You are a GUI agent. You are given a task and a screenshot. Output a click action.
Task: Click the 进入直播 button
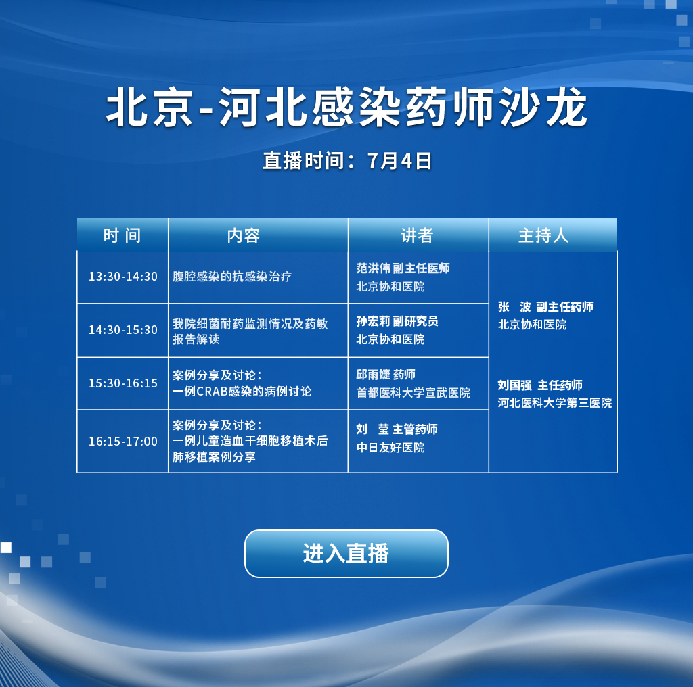[x=346, y=553]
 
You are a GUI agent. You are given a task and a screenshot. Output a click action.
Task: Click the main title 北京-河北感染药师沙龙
[x=346, y=108]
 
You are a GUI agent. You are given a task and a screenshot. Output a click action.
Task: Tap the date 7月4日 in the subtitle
[x=399, y=161]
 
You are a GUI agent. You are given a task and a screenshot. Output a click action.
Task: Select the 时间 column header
[x=122, y=235]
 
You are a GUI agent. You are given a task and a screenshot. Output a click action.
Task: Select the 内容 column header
[x=244, y=235]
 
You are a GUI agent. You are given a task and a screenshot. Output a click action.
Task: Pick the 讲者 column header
[x=417, y=235]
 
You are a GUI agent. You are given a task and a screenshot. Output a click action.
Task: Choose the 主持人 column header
[x=543, y=235]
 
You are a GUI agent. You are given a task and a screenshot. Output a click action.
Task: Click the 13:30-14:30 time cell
[x=123, y=277]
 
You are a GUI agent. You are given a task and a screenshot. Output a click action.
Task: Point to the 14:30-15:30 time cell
[x=123, y=330]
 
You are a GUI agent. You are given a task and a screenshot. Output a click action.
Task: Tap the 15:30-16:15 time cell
[x=123, y=383]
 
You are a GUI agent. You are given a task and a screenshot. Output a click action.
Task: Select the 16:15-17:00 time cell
[x=123, y=441]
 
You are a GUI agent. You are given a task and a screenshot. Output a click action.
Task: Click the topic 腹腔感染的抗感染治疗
[x=232, y=277]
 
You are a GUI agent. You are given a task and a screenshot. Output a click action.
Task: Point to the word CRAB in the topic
[x=212, y=392]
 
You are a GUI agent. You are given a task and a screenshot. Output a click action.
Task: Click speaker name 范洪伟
[x=374, y=268]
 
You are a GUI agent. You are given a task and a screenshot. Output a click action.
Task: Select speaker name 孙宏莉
[x=374, y=321]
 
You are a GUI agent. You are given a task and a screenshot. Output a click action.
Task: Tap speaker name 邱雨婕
[x=374, y=375]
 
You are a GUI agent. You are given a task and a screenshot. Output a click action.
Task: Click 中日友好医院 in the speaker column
[x=390, y=447]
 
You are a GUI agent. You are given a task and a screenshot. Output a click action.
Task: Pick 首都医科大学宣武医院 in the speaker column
[x=413, y=392]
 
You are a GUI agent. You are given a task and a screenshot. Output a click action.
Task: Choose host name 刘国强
[x=514, y=385]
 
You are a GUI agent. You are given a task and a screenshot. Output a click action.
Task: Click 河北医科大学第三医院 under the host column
[x=555, y=402]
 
